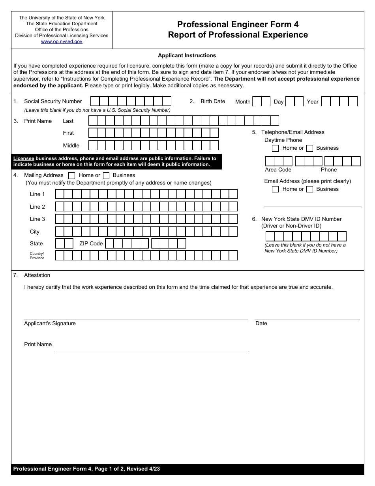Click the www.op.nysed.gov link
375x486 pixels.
click(62, 41)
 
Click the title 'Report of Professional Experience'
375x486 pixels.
click(238, 35)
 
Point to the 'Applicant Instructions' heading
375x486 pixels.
click(187, 56)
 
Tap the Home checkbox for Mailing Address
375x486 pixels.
click(72, 175)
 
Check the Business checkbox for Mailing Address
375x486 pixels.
click(106, 175)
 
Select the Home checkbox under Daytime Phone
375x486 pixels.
click(276, 148)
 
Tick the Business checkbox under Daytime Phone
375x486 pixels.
click(310, 148)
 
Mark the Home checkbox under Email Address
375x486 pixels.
click(276, 189)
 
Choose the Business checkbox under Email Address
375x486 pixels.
click(310, 189)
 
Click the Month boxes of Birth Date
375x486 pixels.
click(261, 102)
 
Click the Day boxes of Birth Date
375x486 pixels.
click(294, 102)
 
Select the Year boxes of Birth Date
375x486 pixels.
click(339, 102)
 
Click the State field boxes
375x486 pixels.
click(64, 243)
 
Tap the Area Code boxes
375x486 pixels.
click(278, 161)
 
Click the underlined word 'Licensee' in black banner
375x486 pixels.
click(24, 158)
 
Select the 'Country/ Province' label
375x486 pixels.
click(37, 256)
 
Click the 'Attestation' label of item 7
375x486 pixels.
click(37, 275)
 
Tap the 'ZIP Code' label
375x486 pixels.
click(91, 243)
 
